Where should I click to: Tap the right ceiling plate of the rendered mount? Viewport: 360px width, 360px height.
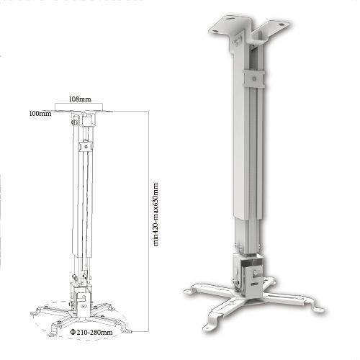tap(276, 27)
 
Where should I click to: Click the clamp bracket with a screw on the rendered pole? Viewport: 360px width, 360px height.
tap(250, 76)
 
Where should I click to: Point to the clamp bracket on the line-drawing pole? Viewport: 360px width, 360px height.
tap(85, 148)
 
